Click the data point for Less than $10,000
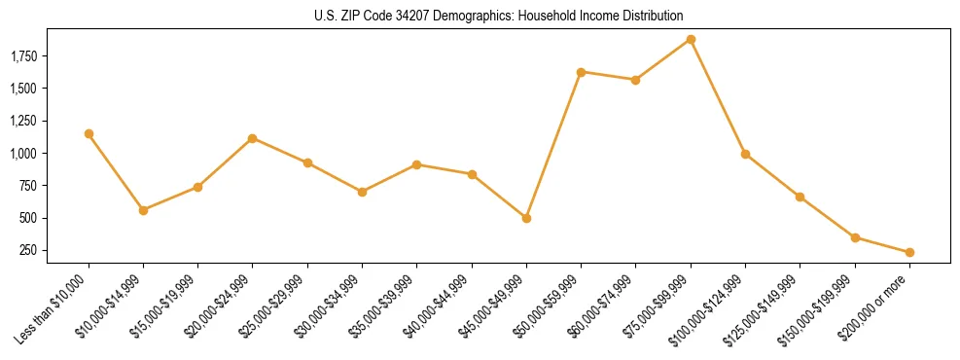click(x=89, y=133)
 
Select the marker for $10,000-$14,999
click(x=143, y=210)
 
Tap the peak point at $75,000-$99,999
click(x=691, y=39)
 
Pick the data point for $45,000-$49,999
click(x=526, y=218)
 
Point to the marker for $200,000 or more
click(x=909, y=252)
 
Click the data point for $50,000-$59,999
click(x=581, y=72)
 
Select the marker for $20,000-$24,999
click(x=253, y=138)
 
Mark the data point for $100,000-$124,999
click(x=745, y=154)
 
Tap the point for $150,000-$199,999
click(x=855, y=237)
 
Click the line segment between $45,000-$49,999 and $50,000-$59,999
click(x=553, y=145)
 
